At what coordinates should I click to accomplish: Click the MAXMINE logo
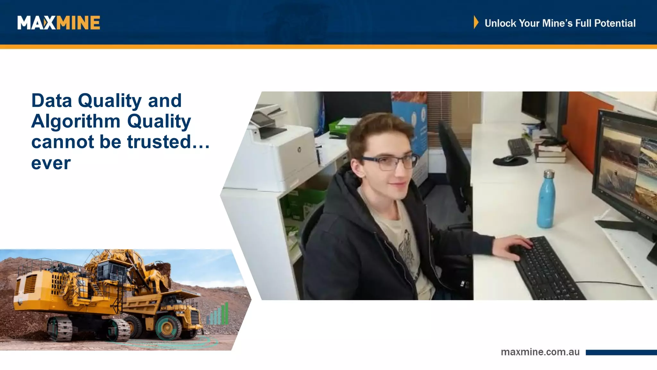59,23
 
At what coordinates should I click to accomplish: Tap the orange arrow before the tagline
476,22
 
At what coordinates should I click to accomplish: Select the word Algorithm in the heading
76,121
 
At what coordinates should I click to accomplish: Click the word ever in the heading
51,163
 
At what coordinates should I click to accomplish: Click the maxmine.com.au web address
540,352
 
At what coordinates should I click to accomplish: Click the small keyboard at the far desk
519,146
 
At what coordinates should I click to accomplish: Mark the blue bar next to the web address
621,352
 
